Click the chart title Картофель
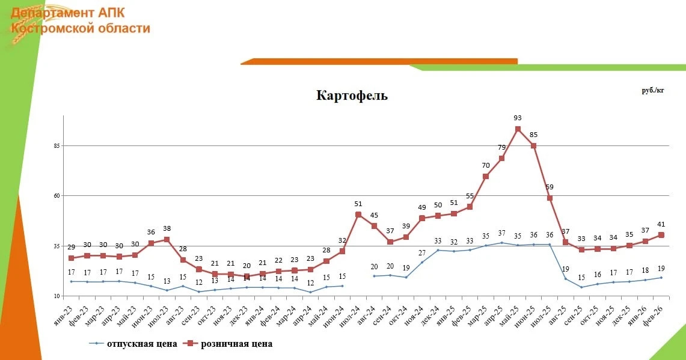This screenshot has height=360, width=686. (x=352, y=96)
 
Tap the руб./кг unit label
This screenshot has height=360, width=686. (x=653, y=90)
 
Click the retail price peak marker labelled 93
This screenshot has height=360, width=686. (x=517, y=129)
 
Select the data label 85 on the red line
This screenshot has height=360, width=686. (x=533, y=134)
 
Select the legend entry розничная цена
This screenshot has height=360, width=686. (x=236, y=344)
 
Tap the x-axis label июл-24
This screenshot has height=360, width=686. (x=354, y=312)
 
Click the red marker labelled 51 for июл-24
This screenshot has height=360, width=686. (x=358, y=215)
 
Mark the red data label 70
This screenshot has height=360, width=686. (x=486, y=165)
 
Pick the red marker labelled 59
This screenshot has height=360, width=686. (x=550, y=198)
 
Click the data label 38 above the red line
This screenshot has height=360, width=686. (x=167, y=228)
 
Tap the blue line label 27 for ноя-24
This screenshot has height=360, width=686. (x=422, y=253)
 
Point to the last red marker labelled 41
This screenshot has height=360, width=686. (x=661, y=235)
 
